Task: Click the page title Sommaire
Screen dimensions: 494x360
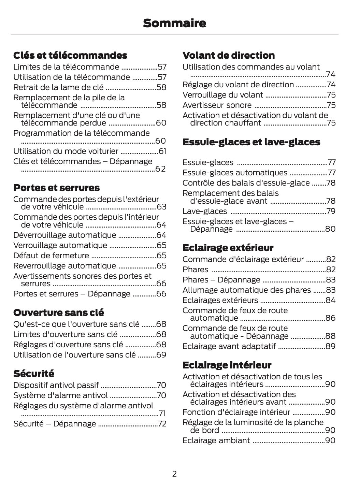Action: click(174, 23)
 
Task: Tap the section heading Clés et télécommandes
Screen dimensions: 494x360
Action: click(70, 55)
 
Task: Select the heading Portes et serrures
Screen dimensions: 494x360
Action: click(56, 188)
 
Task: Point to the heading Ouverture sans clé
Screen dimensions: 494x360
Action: click(58, 313)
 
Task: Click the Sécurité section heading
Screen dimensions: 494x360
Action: click(33, 374)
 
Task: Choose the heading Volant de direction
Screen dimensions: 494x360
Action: click(228, 55)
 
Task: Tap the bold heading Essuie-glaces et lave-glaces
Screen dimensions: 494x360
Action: click(251, 142)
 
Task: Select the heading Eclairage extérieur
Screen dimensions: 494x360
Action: click(228, 248)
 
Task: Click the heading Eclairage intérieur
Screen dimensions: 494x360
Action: click(227, 365)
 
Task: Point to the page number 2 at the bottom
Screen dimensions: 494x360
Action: click(174, 474)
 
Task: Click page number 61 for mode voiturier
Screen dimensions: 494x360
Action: click(162, 151)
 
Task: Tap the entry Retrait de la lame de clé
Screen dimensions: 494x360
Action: click(58, 87)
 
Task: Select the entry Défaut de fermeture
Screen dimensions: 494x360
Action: click(51, 256)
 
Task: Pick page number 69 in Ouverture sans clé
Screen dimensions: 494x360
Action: click(161, 355)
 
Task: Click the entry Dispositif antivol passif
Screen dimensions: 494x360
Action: click(56, 385)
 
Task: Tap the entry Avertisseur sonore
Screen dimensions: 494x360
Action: click(217, 105)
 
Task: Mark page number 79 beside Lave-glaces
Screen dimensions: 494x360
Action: click(331, 211)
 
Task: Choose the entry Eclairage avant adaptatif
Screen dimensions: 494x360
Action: click(229, 346)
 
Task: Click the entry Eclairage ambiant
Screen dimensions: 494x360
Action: click(216, 440)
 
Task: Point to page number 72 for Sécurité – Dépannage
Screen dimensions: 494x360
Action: click(162, 424)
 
